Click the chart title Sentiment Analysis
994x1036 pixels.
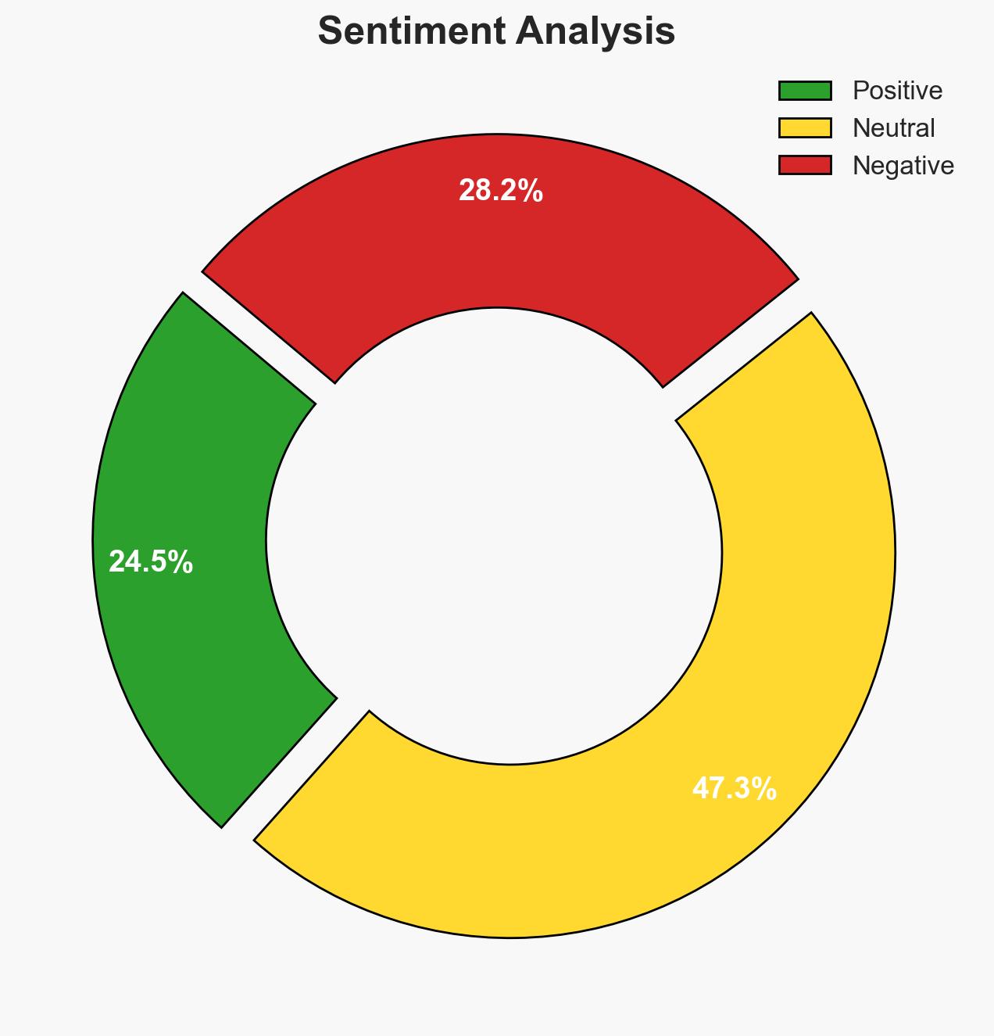click(x=496, y=32)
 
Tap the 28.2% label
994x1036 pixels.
click(x=500, y=191)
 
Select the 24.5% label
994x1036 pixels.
click(x=151, y=561)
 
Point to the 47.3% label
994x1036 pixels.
click(x=734, y=789)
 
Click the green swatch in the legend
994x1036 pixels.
click(x=805, y=91)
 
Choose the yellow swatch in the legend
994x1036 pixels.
click(x=805, y=127)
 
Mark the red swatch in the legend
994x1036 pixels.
click(x=805, y=165)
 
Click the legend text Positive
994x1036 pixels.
click(x=897, y=91)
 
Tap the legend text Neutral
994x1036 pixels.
click(x=893, y=127)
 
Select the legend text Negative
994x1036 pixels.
click(x=903, y=165)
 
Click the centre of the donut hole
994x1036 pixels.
click(x=497, y=540)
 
